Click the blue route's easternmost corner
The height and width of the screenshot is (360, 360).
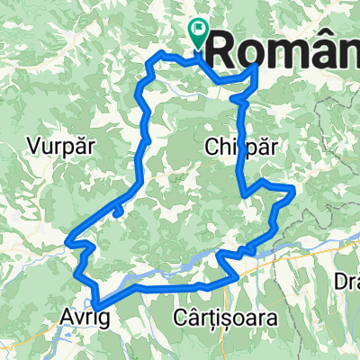pyautogui.click(x=294, y=187)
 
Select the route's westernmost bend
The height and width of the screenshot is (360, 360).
pyautogui.click(x=67, y=240)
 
